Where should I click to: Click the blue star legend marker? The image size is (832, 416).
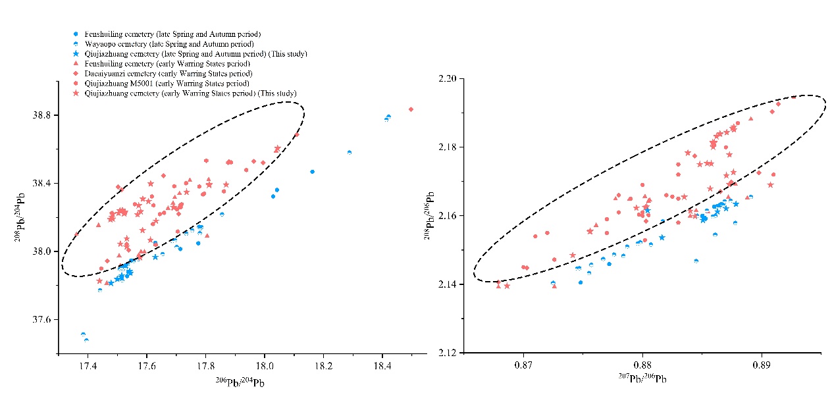click(x=77, y=53)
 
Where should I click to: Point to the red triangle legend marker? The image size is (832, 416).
click(x=77, y=63)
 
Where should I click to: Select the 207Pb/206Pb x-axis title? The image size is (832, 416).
click(x=642, y=379)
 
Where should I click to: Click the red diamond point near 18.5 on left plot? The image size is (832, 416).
click(x=411, y=109)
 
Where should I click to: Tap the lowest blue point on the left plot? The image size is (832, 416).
click(x=86, y=340)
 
